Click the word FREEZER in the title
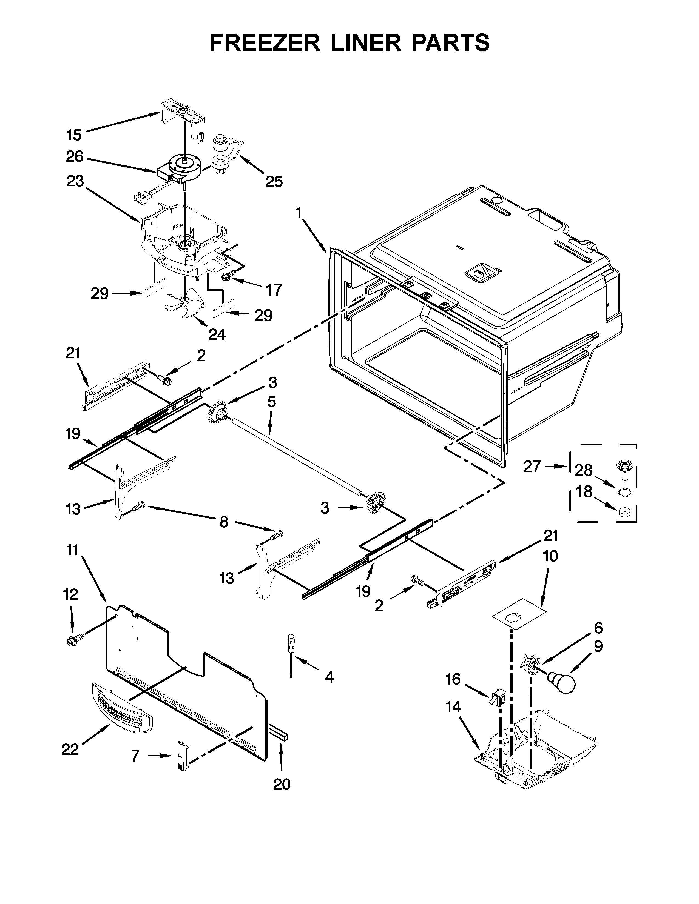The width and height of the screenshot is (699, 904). (x=265, y=43)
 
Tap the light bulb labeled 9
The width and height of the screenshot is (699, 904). (x=562, y=682)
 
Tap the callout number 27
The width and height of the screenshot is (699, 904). (x=532, y=467)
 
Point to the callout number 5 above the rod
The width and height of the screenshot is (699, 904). (x=271, y=402)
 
